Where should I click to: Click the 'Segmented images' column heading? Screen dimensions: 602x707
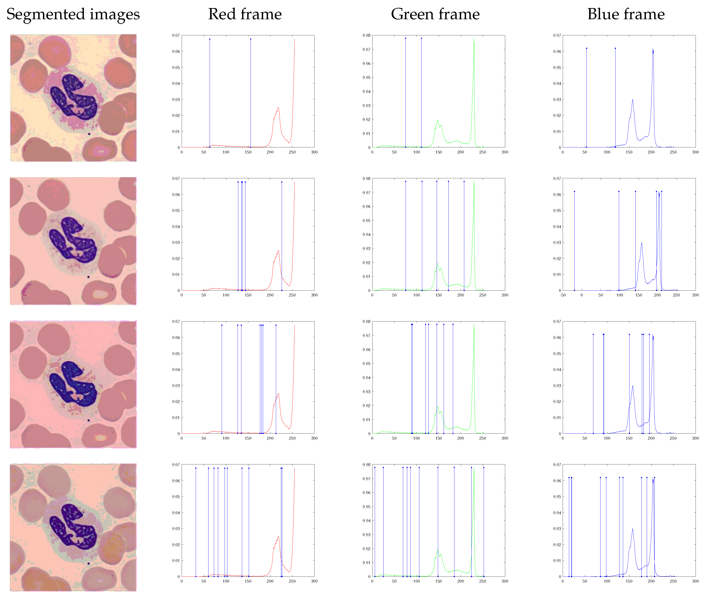click(73, 14)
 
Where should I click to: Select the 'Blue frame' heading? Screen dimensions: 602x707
click(626, 14)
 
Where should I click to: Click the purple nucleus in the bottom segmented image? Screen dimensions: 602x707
click(74, 528)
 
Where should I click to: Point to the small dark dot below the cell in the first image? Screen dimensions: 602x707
click(89, 134)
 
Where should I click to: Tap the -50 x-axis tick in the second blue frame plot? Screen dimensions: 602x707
click(563, 295)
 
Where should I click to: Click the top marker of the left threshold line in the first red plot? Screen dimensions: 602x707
click(209, 39)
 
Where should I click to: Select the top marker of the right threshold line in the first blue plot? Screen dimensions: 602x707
click(615, 48)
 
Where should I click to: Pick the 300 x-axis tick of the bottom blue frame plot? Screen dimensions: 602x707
click(695, 581)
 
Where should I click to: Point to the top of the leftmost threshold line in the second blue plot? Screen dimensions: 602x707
click(574, 191)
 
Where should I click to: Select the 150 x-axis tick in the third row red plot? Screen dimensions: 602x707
click(248, 438)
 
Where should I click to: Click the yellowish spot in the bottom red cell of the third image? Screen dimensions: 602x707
click(100, 438)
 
